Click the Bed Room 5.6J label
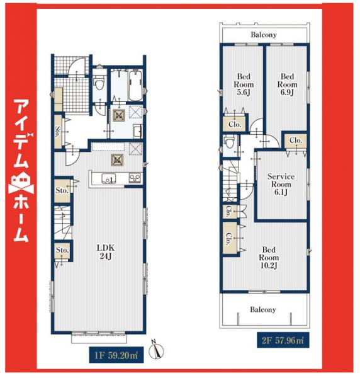[x=243, y=84]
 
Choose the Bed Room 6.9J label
[x=287, y=84]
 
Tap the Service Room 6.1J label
[x=281, y=185]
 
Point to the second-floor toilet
[x=231, y=145]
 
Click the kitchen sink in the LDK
[x=108, y=179]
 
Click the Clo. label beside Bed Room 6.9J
[x=295, y=140]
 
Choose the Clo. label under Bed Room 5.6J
[x=232, y=125]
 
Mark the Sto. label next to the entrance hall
[x=57, y=132]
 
